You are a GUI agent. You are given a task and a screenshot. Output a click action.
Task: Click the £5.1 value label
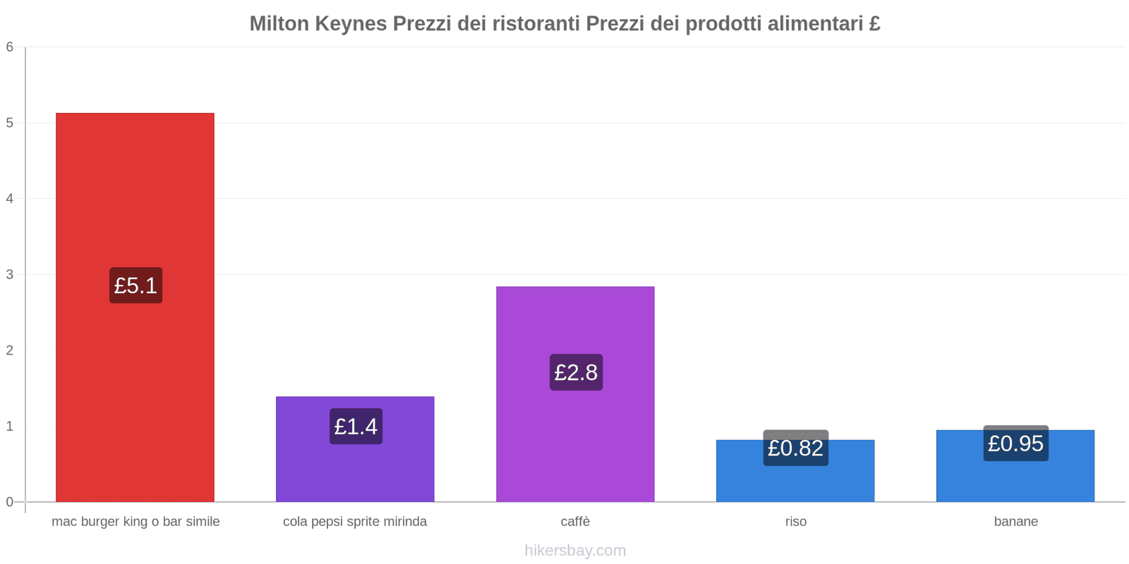tap(135, 286)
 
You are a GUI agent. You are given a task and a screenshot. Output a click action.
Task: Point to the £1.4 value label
tap(356, 427)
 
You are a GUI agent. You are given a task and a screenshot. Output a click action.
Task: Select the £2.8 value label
tap(576, 372)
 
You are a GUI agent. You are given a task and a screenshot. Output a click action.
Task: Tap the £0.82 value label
tap(795, 448)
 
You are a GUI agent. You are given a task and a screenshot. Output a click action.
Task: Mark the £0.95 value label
tap(1015, 443)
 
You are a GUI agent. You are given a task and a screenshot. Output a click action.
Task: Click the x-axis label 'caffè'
tap(575, 522)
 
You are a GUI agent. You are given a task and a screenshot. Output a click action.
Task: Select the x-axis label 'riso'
tap(795, 522)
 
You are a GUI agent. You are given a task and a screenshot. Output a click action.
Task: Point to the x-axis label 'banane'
tap(1015, 522)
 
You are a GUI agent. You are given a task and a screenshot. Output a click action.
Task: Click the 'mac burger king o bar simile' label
tap(135, 522)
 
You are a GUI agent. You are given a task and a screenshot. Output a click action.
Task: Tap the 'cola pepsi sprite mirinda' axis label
tap(355, 522)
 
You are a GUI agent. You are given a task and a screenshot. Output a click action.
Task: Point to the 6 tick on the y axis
tap(10, 47)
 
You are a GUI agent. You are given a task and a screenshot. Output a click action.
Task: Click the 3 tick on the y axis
tap(10, 275)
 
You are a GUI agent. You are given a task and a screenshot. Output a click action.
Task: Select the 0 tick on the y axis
tap(10, 502)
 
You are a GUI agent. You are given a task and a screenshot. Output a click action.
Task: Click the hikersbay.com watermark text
tap(575, 551)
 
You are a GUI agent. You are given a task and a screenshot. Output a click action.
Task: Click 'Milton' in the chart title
tap(279, 24)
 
